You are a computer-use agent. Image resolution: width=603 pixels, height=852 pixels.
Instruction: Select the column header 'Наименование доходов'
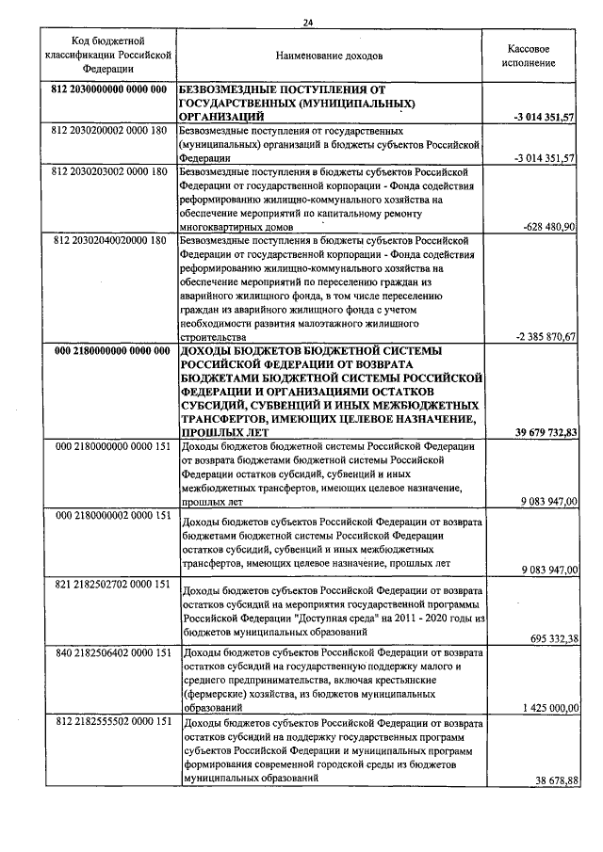328,56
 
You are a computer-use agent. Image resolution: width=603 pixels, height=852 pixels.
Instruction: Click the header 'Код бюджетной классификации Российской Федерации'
106,56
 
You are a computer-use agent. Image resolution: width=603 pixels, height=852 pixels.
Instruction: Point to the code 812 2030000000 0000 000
106,89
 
